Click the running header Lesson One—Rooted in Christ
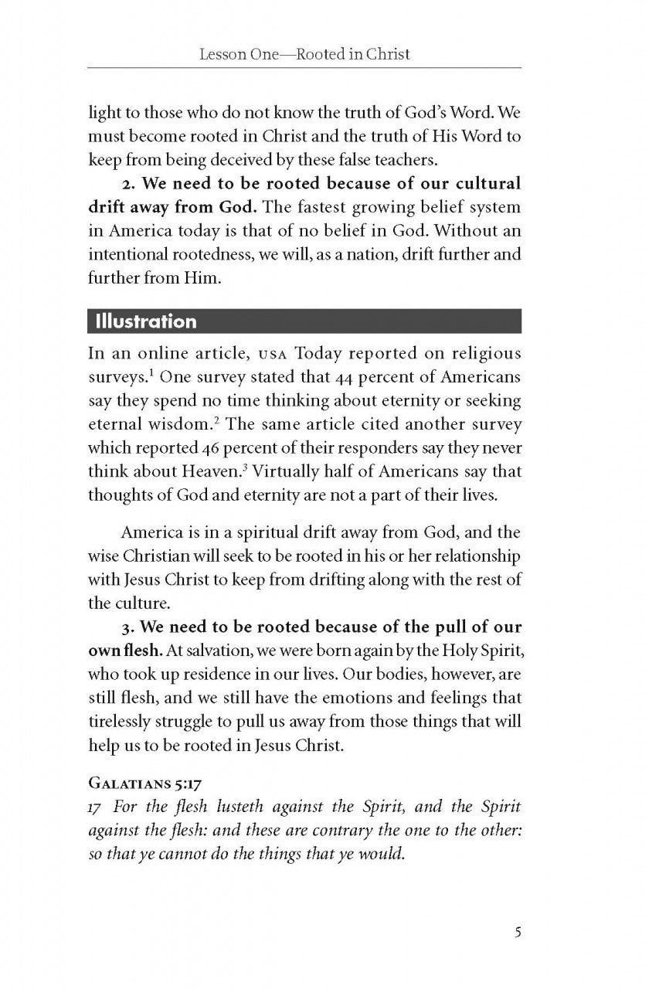304,54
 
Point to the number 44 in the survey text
347,379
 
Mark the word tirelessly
124,721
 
